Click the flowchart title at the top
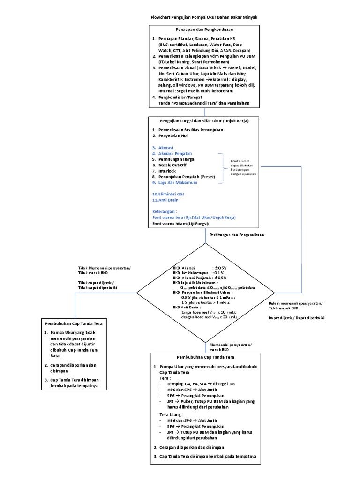[204, 17]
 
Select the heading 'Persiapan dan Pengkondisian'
[204, 30]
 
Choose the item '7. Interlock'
[164, 171]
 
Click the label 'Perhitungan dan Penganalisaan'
[237, 235]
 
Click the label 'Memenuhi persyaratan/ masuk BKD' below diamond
[230, 347]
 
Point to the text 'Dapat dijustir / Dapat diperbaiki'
[296, 318]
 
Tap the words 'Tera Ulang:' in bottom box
[171, 415]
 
